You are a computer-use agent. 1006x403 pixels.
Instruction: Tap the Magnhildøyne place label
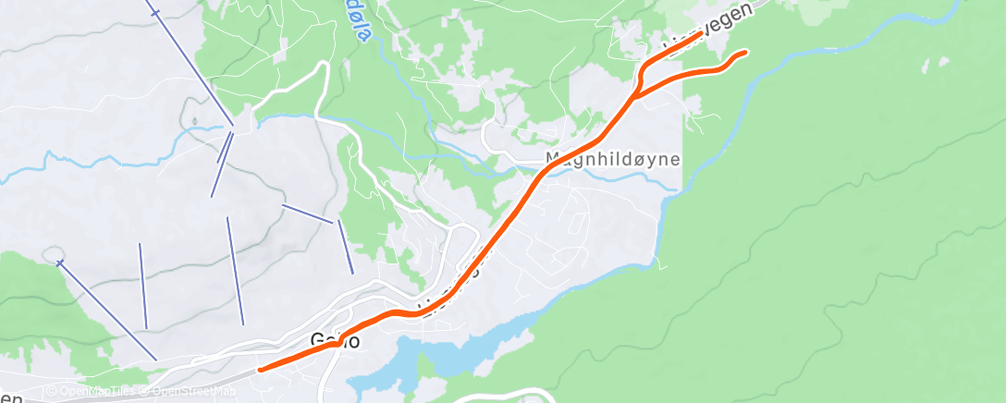pyautogui.click(x=612, y=159)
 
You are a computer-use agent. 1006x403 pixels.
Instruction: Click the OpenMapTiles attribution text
pyautogui.click(x=97, y=391)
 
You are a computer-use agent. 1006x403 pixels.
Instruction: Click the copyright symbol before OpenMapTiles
pyautogui.click(x=51, y=391)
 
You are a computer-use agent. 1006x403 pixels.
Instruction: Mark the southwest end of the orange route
pyautogui.click(x=261, y=370)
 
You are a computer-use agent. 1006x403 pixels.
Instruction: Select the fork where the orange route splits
pyautogui.click(x=636, y=93)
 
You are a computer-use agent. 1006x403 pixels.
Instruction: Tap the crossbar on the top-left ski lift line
pyautogui.click(x=155, y=13)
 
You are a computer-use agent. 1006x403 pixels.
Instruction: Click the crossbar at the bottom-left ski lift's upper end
pyautogui.click(x=60, y=263)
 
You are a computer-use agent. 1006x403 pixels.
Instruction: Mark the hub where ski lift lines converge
pyautogui.click(x=238, y=128)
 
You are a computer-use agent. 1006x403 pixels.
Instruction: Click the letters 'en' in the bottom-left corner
pyautogui.click(x=10, y=396)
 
